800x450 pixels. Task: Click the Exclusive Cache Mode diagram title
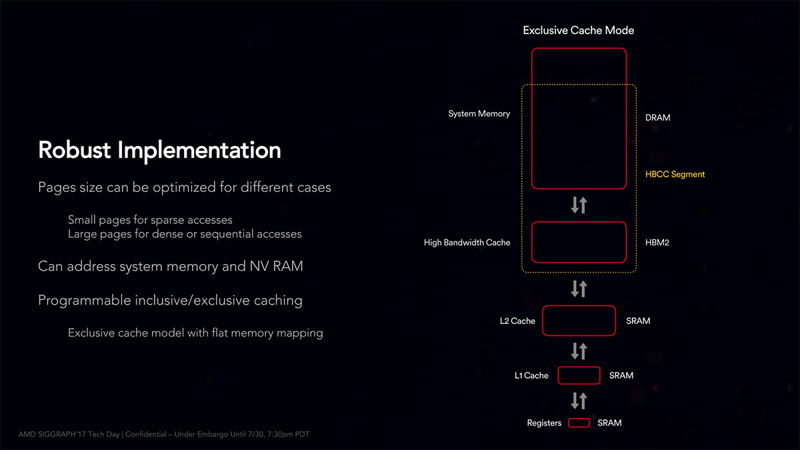[578, 31]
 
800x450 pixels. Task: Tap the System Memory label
[479, 113]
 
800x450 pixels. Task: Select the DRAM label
[657, 117]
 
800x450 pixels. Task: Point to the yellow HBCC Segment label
[675, 174]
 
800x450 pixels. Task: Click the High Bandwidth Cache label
[467, 243]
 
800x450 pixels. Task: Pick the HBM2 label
[657, 243]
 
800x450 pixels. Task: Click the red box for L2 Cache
[579, 306]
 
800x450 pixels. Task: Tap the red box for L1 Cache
[579, 367]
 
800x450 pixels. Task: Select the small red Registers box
[579, 419]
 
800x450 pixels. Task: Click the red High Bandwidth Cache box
[579, 223]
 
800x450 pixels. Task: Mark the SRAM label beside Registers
[609, 423]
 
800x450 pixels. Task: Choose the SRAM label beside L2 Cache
[638, 321]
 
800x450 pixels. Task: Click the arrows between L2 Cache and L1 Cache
[579, 351]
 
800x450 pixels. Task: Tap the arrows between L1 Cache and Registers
[579, 401]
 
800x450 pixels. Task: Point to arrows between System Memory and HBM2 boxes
[579, 205]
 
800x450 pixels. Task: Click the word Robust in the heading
[74, 149]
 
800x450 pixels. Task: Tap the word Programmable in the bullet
[84, 301]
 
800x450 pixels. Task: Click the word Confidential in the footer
[146, 434]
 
